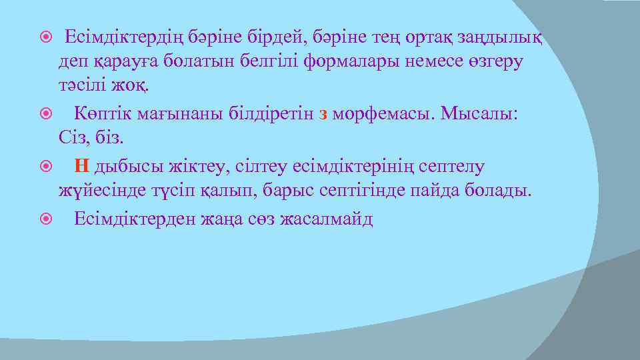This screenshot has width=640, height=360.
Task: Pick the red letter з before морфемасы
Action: point(323,113)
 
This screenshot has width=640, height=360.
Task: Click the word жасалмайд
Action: point(328,219)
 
